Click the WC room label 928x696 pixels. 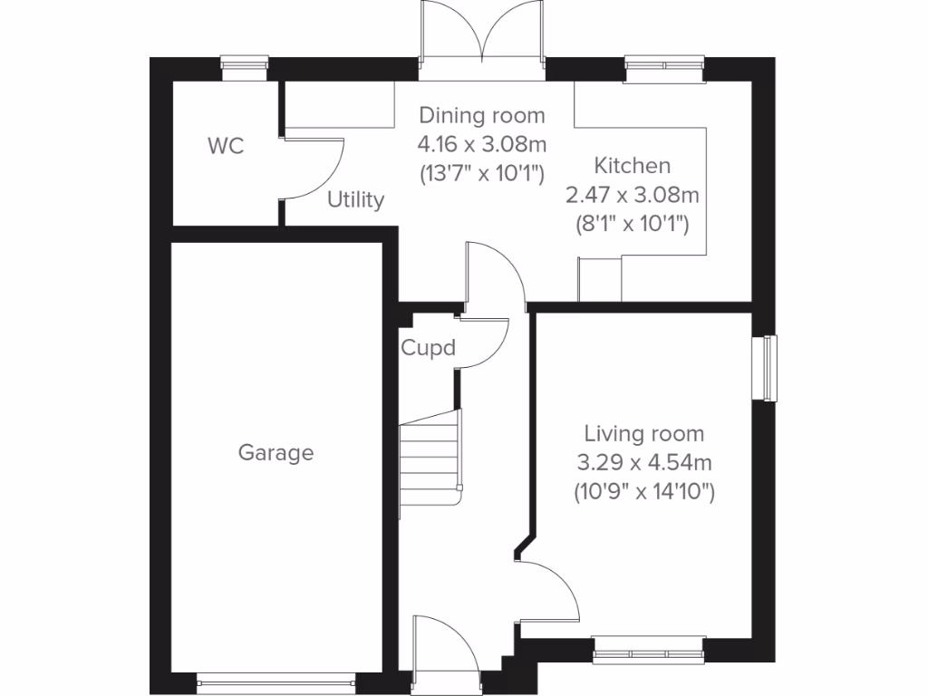click(x=226, y=146)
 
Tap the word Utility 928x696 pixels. click(x=356, y=199)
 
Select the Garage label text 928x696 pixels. click(x=275, y=452)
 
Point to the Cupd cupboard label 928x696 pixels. click(x=428, y=348)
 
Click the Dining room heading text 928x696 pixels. click(x=481, y=115)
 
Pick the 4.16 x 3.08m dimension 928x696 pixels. click(x=481, y=144)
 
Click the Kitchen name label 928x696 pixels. click(x=632, y=166)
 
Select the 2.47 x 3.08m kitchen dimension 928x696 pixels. click(x=632, y=195)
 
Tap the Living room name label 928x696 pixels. click(x=643, y=434)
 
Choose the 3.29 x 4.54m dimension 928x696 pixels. click(x=643, y=463)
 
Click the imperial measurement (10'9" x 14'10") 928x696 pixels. click(x=643, y=493)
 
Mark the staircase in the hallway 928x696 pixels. click(x=431, y=462)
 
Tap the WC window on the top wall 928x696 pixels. click(x=246, y=68)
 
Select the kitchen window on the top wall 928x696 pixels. click(x=665, y=68)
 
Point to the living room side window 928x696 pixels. click(x=769, y=366)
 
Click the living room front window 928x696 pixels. click(x=648, y=649)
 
